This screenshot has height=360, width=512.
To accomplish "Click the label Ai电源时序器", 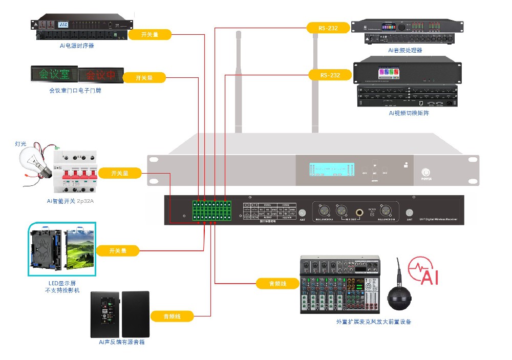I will [x=77, y=46].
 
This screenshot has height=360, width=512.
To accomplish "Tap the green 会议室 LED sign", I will [x=54, y=75].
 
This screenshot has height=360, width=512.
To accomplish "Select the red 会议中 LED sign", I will [x=100, y=75].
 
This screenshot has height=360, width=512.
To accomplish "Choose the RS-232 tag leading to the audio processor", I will [x=328, y=28].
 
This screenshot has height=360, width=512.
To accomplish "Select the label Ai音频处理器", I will [x=405, y=50].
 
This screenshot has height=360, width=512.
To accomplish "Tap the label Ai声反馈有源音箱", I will [x=121, y=342].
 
